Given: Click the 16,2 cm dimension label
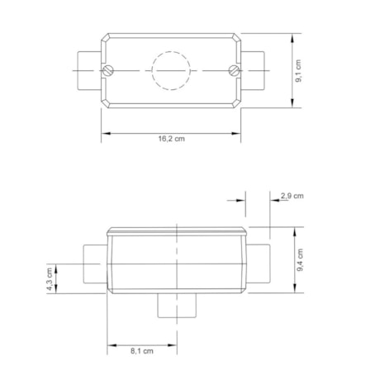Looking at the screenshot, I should coord(172,139).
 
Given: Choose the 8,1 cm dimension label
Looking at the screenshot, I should coord(142,351).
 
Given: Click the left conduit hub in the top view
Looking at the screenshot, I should coord(87,69).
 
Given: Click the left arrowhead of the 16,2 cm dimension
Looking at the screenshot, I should coord(105,132).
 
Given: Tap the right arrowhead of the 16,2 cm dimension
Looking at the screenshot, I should coord(239,132).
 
